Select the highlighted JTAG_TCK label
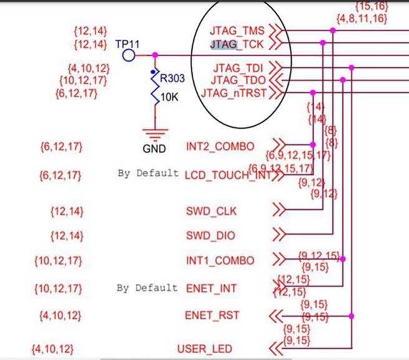tap(238, 45)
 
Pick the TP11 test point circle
tap(128, 55)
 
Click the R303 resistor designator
tap(172, 79)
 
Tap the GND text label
tap(154, 149)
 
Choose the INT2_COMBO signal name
tap(220, 147)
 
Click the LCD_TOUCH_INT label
tap(228, 175)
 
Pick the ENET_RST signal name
tap(212, 315)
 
